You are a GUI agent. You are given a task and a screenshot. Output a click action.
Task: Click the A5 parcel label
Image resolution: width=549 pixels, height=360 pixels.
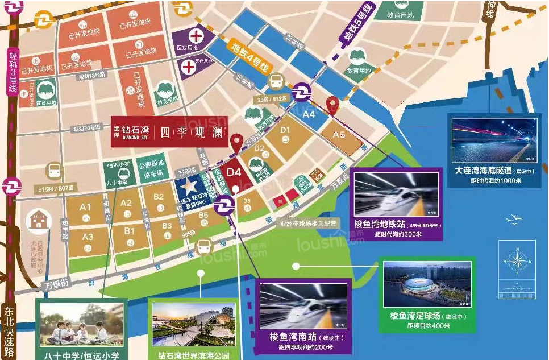339,135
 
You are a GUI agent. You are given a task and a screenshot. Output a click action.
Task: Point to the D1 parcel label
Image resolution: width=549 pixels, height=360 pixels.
285,130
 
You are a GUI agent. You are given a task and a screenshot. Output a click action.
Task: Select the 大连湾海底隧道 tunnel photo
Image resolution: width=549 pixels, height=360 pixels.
493,140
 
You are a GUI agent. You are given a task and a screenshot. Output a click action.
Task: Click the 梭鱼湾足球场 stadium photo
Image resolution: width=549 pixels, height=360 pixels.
426,284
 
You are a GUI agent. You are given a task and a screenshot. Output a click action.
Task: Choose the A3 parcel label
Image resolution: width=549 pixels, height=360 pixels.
88,237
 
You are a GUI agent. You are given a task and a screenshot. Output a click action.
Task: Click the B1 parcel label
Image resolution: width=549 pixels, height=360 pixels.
130,231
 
